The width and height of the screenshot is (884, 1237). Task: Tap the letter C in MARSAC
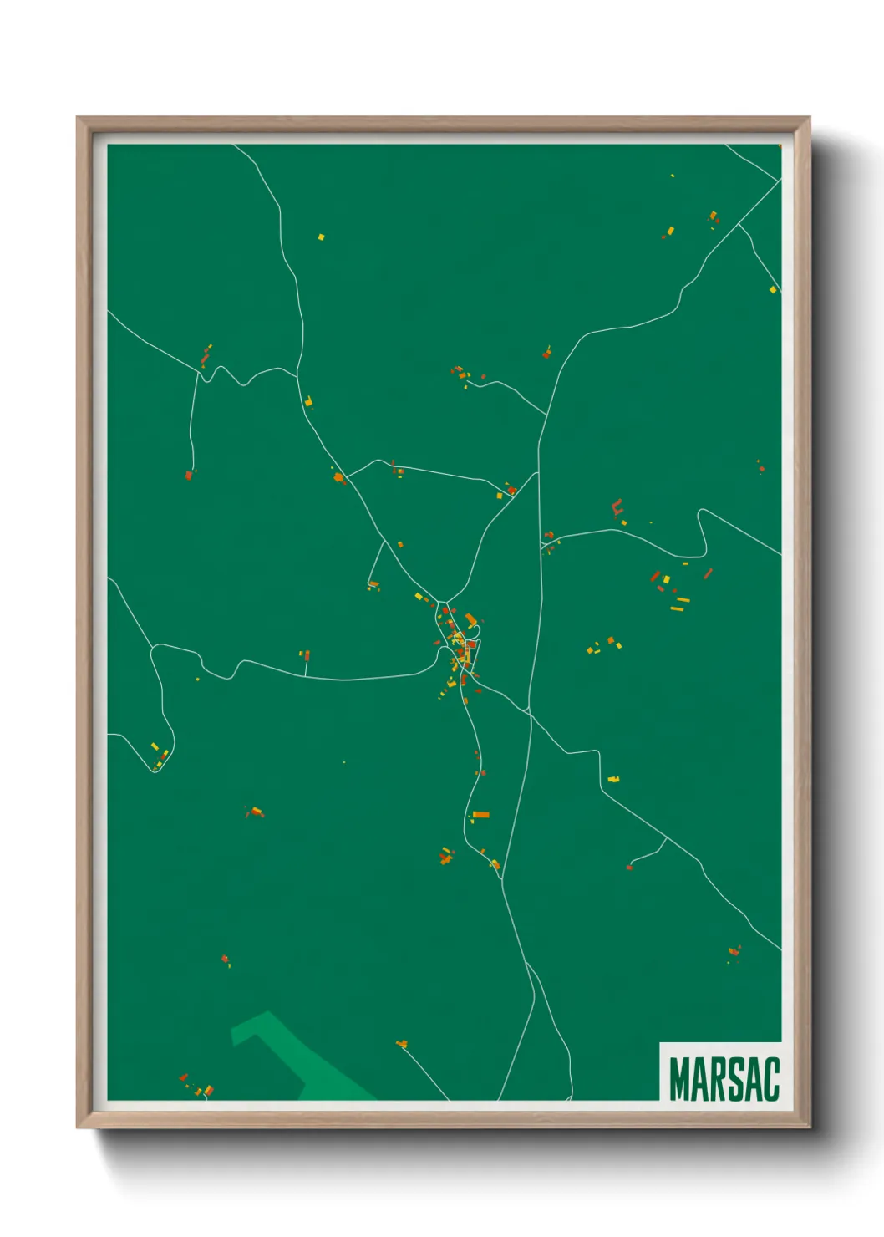coord(770,1079)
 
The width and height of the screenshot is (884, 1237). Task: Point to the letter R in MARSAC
coord(718,1079)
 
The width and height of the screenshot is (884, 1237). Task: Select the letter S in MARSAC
coord(735,1079)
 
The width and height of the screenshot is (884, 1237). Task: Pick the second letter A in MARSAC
coord(753,1079)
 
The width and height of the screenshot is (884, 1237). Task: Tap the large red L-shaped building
coord(617,508)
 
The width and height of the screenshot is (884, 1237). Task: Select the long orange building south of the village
coord(481,814)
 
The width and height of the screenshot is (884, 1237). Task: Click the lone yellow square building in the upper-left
coord(321,237)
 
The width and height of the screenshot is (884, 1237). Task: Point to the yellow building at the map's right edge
coord(773,290)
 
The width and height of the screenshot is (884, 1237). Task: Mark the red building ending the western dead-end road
coord(189,475)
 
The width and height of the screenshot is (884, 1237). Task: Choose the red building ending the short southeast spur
coord(629,867)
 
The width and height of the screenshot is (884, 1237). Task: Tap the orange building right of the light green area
coord(402,1043)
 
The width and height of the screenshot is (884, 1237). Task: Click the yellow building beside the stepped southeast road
coord(613,779)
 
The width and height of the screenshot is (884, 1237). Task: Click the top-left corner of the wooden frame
coord(78,118)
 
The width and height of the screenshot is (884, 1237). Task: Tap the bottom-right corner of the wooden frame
coord(809,1128)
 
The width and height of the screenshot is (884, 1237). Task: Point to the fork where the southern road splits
coord(526,963)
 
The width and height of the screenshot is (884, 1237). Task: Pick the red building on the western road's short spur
coord(305,654)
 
